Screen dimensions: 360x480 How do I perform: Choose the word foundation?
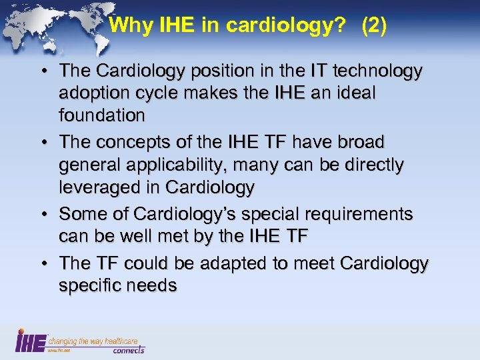(101, 116)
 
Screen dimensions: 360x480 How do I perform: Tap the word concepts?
(127, 143)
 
